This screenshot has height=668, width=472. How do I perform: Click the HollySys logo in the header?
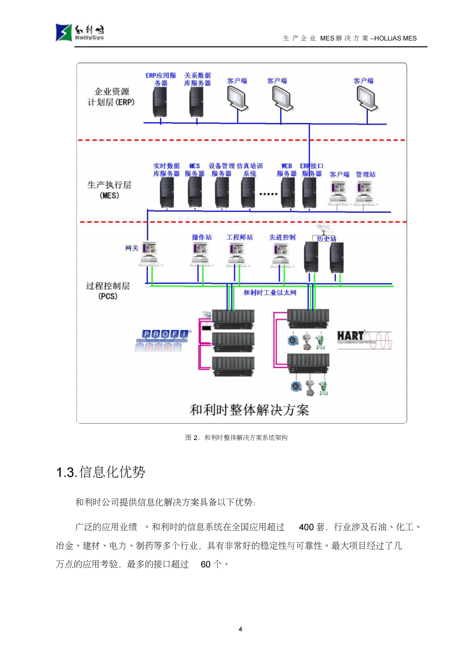(79, 32)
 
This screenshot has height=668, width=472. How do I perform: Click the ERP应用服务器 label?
(161, 79)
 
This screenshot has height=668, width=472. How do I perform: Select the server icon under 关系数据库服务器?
(196, 102)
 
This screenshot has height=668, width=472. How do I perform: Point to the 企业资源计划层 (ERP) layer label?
(111, 97)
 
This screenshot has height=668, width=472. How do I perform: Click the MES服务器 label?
(194, 170)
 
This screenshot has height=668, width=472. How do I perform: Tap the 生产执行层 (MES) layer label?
(109, 190)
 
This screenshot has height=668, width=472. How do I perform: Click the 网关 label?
(132, 248)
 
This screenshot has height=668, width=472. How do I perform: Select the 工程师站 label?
(239, 237)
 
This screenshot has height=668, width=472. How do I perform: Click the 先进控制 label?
(282, 237)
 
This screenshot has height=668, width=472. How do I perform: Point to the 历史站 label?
(326, 238)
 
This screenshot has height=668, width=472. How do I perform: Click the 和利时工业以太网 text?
(270, 293)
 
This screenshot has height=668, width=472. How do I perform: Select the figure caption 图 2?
(236, 438)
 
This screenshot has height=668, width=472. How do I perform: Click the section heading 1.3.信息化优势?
(101, 472)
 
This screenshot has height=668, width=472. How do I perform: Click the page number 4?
(240, 629)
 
